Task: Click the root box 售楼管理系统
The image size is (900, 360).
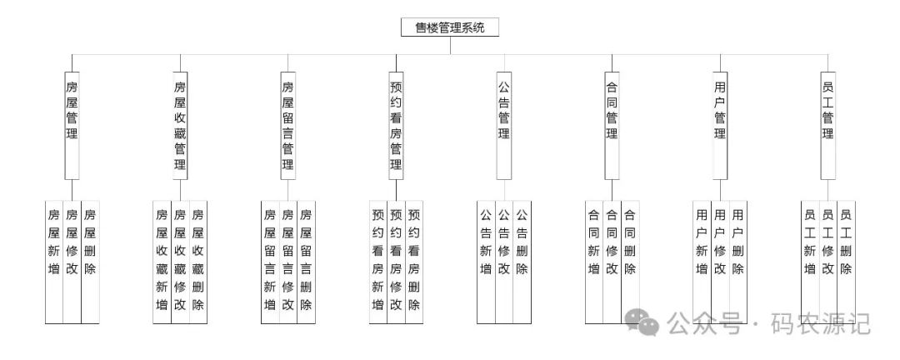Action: tap(450, 27)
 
